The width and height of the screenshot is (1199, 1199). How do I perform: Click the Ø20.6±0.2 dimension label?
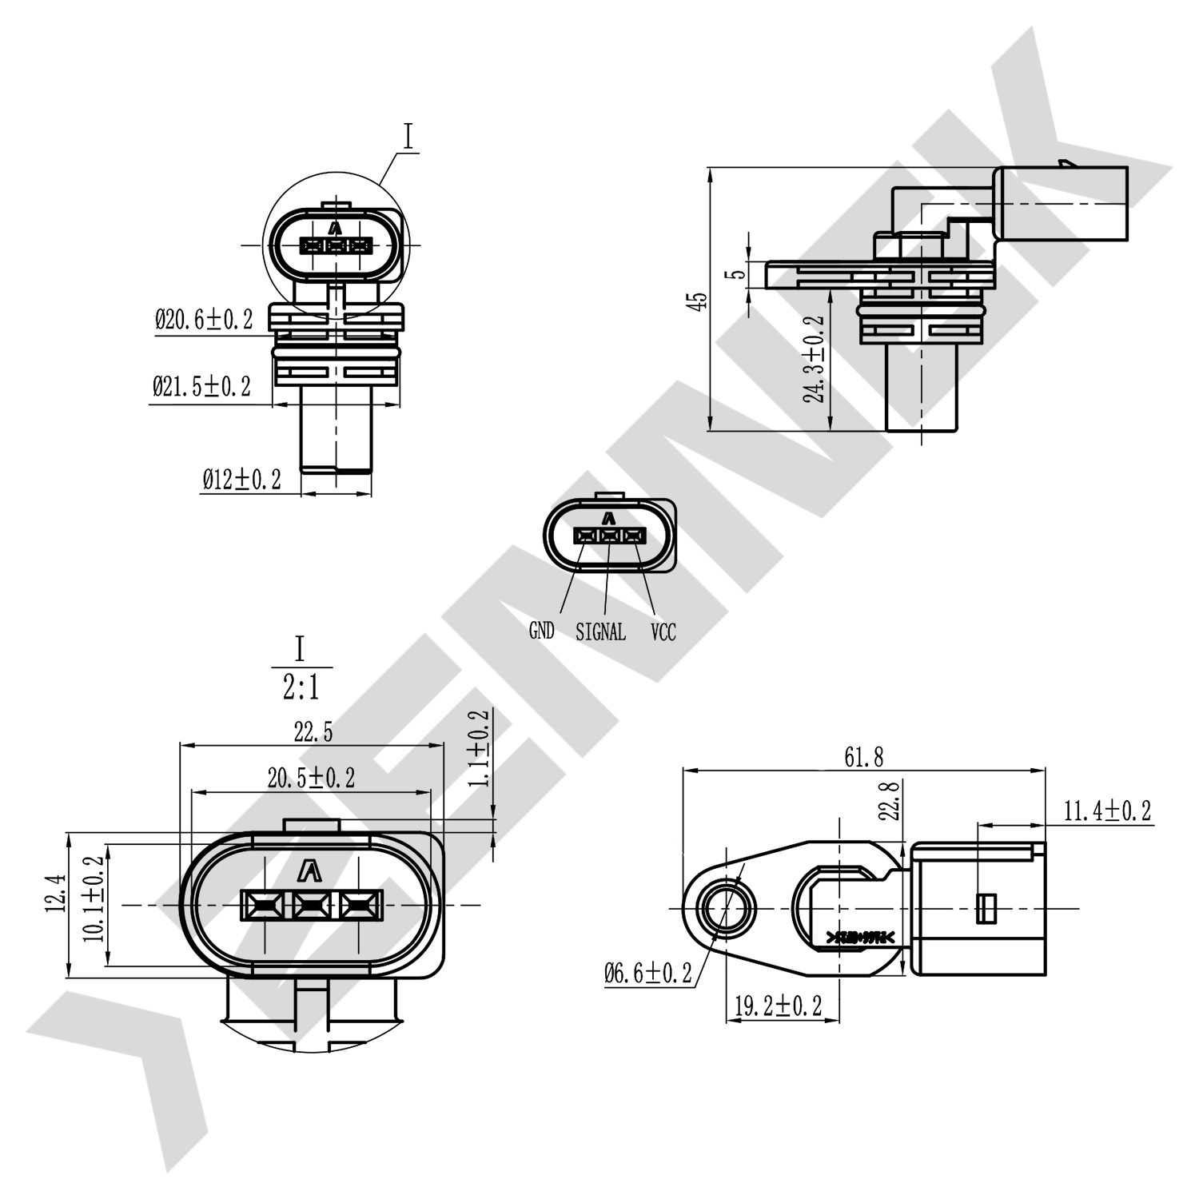(x=204, y=321)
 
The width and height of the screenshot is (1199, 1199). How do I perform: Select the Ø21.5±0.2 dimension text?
(x=201, y=387)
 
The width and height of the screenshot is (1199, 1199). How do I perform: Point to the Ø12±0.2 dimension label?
(x=241, y=480)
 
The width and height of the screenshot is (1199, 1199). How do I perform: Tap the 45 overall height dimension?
(x=699, y=301)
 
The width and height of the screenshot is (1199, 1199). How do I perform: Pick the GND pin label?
(x=541, y=631)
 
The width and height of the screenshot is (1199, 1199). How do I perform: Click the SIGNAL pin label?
(x=600, y=631)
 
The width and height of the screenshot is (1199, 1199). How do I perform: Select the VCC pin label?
(x=663, y=632)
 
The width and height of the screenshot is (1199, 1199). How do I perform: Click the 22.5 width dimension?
(x=313, y=731)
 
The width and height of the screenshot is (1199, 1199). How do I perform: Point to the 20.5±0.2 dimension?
(x=311, y=777)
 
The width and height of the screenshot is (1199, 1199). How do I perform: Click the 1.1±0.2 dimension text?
(x=478, y=749)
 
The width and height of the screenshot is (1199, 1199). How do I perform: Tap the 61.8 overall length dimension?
(x=864, y=757)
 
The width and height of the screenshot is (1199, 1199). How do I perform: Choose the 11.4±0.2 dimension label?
(x=1107, y=811)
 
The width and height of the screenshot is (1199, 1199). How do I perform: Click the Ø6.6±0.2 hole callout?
(x=648, y=973)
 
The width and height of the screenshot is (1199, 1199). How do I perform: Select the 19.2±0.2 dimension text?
(x=778, y=1006)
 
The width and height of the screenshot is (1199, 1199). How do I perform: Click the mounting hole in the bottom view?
(x=726, y=908)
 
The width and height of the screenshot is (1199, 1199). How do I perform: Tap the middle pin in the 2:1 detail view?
(x=311, y=905)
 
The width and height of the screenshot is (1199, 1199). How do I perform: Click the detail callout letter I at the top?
(x=408, y=137)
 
